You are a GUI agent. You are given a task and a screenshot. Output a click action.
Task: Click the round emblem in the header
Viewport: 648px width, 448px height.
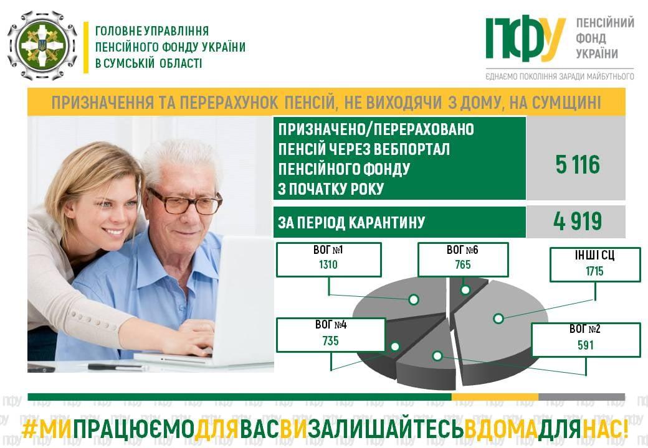(42, 45)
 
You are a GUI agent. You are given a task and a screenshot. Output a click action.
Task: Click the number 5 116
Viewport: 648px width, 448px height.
(578, 165)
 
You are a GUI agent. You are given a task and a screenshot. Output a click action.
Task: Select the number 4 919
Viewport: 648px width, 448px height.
(578, 222)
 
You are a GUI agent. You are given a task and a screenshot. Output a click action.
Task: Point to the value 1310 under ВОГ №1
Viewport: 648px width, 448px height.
(328, 264)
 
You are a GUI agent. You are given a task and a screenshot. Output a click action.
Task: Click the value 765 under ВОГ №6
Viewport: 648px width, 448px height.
(463, 264)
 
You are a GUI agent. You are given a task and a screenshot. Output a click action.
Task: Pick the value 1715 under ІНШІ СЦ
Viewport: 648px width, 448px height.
(594, 271)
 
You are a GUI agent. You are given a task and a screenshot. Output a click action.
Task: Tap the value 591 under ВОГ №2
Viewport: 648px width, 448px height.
(586, 345)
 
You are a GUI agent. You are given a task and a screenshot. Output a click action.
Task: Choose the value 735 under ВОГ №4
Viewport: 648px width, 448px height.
(331, 341)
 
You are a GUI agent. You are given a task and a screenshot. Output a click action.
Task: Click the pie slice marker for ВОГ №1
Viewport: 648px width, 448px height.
(414, 299)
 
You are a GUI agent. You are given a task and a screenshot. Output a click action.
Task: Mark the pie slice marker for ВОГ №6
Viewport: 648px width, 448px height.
(465, 290)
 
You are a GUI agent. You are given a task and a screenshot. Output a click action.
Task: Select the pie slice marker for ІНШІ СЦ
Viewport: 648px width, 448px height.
(498, 319)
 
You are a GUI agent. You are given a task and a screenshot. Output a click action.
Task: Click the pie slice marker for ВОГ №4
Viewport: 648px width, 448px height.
(395, 347)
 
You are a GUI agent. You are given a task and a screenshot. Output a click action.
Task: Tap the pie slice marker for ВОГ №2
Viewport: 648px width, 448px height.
(437, 355)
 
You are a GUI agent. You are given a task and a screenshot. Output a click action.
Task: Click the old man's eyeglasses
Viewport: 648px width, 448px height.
(184, 202)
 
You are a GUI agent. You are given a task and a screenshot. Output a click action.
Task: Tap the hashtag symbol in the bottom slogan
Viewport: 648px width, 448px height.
(29, 429)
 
